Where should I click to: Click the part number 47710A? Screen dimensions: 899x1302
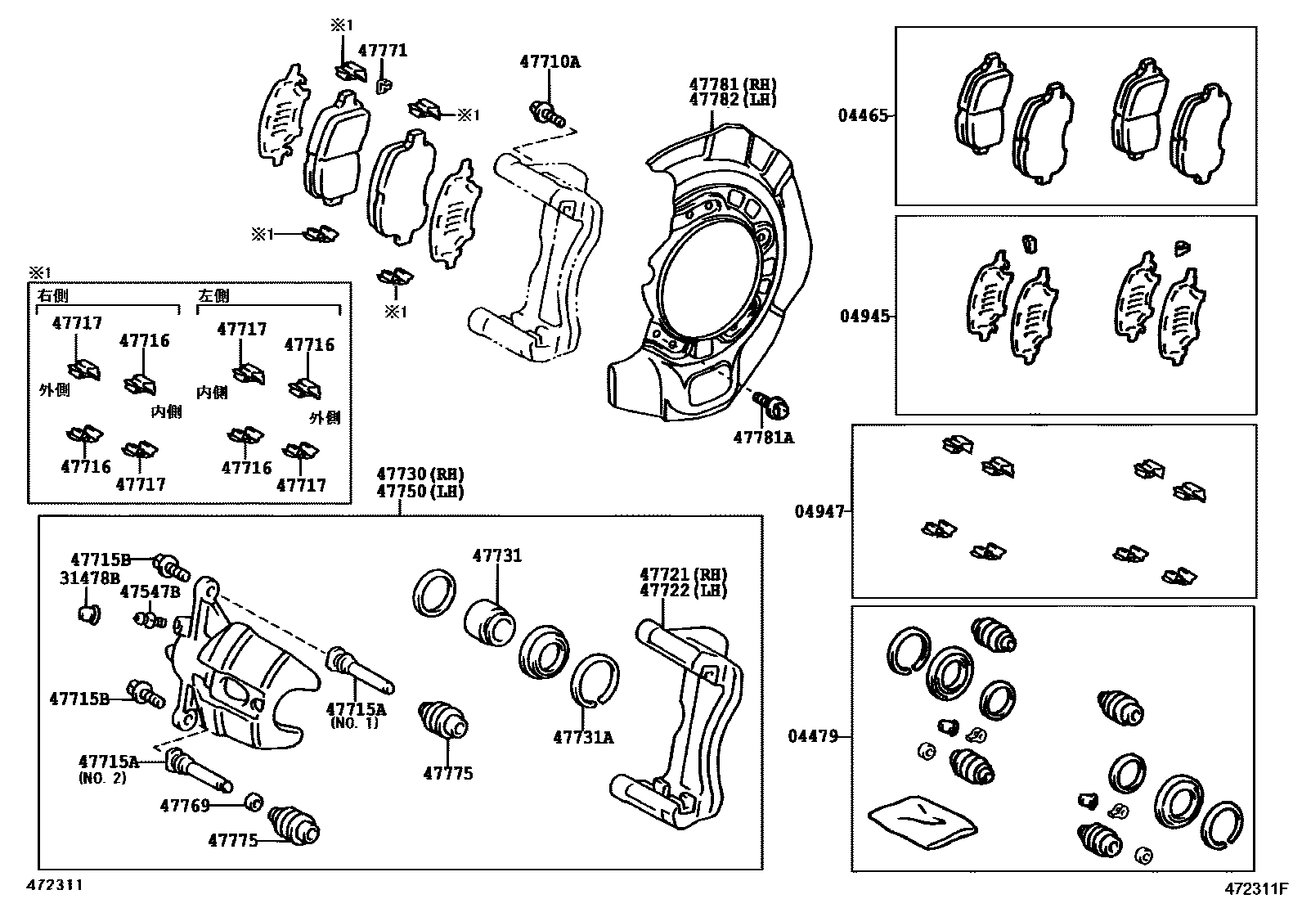tap(550, 61)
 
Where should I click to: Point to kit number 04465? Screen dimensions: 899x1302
tap(861, 116)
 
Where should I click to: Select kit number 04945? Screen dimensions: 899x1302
tap(864, 316)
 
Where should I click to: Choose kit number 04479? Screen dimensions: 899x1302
tap(813, 736)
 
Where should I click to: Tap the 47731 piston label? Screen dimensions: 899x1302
tap(496, 556)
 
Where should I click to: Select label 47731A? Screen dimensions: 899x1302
tap(583, 737)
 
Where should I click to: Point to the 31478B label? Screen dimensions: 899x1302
tap(89, 578)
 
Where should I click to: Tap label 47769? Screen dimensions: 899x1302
tap(185, 806)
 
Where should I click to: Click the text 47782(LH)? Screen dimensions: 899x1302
tap(732, 99)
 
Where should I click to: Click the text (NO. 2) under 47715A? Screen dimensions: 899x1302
tap(102, 778)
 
